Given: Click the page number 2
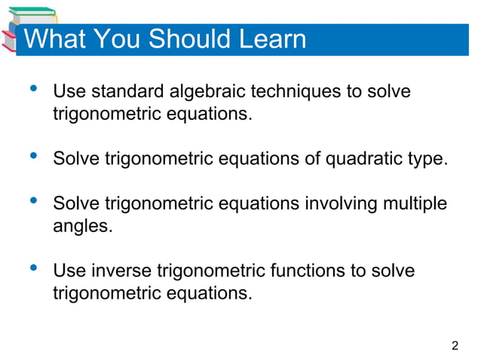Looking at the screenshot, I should [455, 346].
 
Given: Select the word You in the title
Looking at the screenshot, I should [119, 39].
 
